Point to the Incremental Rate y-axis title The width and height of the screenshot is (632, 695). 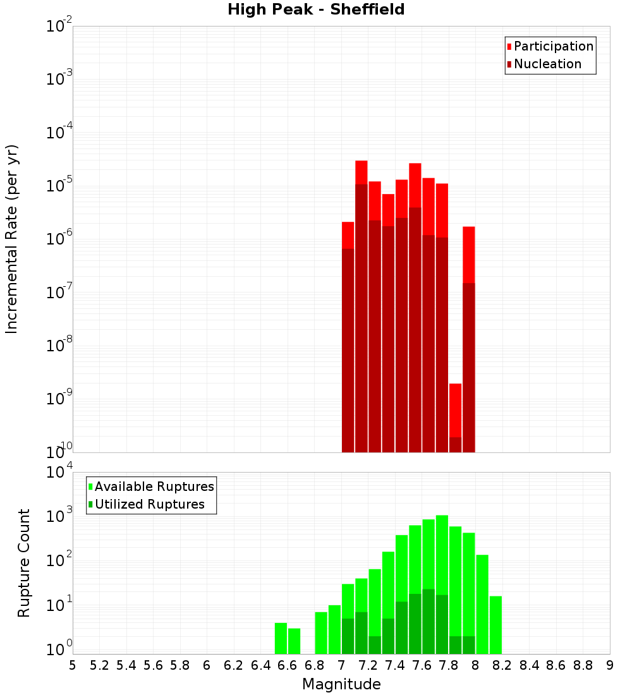tap(12, 239)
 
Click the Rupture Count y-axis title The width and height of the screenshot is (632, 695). tap(24, 563)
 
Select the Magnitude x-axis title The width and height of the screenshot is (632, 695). tap(341, 684)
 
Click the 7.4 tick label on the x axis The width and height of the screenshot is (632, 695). tap(395, 665)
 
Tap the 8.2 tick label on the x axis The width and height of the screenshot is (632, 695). tap(502, 665)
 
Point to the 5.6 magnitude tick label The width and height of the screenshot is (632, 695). tap(153, 665)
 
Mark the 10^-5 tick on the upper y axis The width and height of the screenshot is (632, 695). tap(59, 186)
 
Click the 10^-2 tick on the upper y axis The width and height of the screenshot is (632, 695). tap(59, 27)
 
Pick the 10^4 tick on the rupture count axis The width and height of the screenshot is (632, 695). tap(59, 472)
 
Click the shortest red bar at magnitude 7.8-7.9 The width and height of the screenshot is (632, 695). tap(455, 411)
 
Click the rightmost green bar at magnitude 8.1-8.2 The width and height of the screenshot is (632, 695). tap(495, 625)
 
